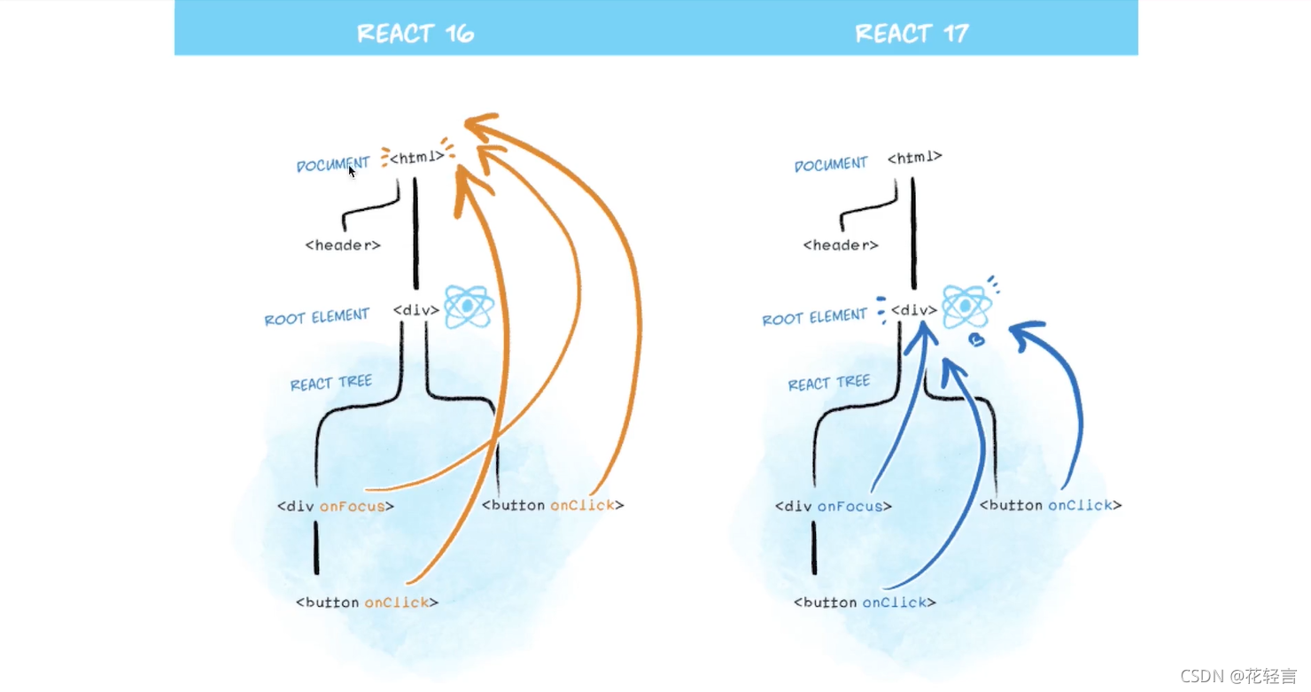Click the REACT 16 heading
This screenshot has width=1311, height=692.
(415, 34)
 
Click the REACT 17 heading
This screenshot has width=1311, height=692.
(911, 34)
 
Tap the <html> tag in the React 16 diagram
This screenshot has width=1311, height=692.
(416, 157)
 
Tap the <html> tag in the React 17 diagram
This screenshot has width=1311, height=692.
(915, 157)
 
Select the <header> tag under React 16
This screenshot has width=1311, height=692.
(343, 245)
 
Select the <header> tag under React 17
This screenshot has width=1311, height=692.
(841, 245)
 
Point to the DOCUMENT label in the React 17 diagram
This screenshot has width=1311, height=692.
(831, 164)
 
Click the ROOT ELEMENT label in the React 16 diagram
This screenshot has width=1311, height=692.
(316, 316)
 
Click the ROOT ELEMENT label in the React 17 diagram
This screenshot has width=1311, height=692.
(814, 316)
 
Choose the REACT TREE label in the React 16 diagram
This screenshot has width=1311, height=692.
(331, 383)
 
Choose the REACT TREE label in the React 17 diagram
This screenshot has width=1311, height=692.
(829, 383)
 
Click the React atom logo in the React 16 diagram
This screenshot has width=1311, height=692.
(469, 307)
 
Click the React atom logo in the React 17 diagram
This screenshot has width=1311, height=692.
(966, 307)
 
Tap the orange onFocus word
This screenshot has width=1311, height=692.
(353, 506)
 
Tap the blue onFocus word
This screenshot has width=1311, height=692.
(849, 506)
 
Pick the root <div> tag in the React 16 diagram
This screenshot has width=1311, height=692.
(416, 310)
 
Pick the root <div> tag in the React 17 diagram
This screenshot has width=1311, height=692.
(914, 310)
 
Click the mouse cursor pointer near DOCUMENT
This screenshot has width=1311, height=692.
(351, 172)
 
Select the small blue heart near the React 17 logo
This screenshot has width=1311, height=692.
(976, 339)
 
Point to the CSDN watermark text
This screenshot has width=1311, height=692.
(1238, 676)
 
